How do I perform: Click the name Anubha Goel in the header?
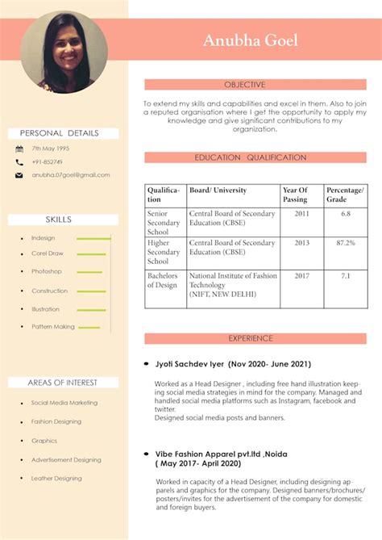[x=251, y=40]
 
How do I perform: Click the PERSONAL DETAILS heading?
[x=60, y=133]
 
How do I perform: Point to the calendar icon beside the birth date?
[x=19, y=149]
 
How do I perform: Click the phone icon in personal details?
[x=19, y=162]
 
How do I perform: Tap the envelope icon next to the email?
[x=19, y=175]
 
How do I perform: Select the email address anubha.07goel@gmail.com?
[x=71, y=175]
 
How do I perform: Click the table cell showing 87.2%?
[x=345, y=243]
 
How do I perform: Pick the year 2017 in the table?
[x=301, y=276]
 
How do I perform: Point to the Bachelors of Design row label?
[x=163, y=280]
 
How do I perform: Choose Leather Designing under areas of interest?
[x=56, y=479]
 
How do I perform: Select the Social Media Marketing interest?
[x=64, y=403]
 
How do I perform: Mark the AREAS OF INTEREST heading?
[x=62, y=383]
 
